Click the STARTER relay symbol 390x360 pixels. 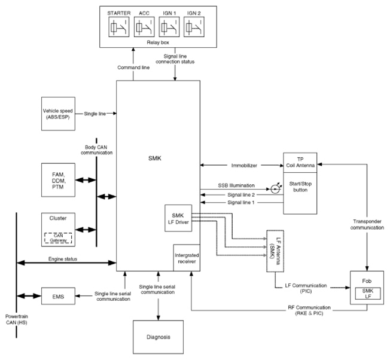pyautogui.click(x=119, y=27)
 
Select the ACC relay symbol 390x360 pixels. pyautogui.click(x=144, y=27)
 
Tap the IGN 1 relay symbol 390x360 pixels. pyautogui.click(x=169, y=27)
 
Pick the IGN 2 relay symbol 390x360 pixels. pyautogui.click(x=194, y=27)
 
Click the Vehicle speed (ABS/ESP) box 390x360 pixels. pyautogui.click(x=58, y=114)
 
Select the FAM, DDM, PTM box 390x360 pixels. pyautogui.click(x=58, y=180)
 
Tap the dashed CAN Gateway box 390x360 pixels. pyautogui.click(x=58, y=238)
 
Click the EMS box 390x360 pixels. pyautogui.click(x=58, y=296)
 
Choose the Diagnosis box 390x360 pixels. pyautogui.click(x=158, y=337)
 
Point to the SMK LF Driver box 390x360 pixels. pyautogui.click(x=178, y=218)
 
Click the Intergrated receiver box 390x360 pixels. pyautogui.click(x=187, y=258)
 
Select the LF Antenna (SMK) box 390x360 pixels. pyautogui.click(x=275, y=251)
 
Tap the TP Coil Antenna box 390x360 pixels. pyautogui.click(x=300, y=163)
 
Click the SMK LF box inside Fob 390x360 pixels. pyautogui.click(x=368, y=294)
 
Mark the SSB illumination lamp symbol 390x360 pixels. pyautogui.click(x=275, y=189)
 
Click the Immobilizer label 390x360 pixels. pyautogui.click(x=244, y=166)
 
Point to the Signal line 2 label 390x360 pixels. pyautogui.click(x=241, y=195)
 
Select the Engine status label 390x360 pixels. pyautogui.click(x=63, y=259)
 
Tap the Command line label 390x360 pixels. pyautogui.click(x=133, y=68)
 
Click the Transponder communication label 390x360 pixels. pyautogui.click(x=367, y=224)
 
